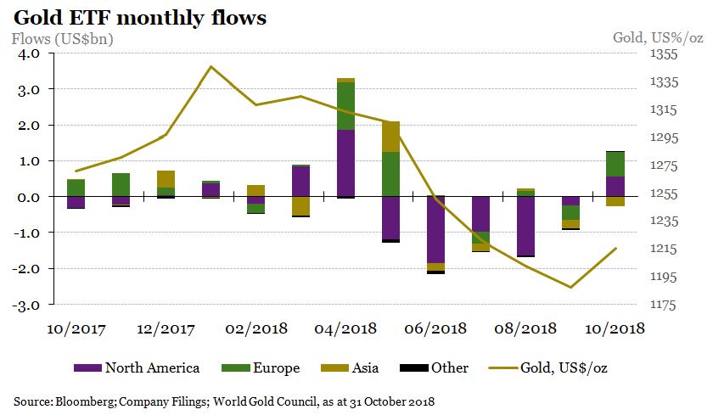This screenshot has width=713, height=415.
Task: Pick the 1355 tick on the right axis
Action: (664, 54)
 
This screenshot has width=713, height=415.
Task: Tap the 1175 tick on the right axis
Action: (664, 305)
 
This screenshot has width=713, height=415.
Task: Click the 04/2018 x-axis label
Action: (345, 328)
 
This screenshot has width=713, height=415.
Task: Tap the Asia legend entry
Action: (361, 367)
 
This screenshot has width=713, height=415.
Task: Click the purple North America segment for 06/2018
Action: (436, 229)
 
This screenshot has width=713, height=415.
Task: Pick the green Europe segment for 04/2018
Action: (346, 106)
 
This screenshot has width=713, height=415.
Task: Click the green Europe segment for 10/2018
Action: (615, 164)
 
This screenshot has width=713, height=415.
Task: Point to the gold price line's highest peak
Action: (211, 66)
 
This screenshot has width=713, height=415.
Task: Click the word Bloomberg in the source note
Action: (81, 400)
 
